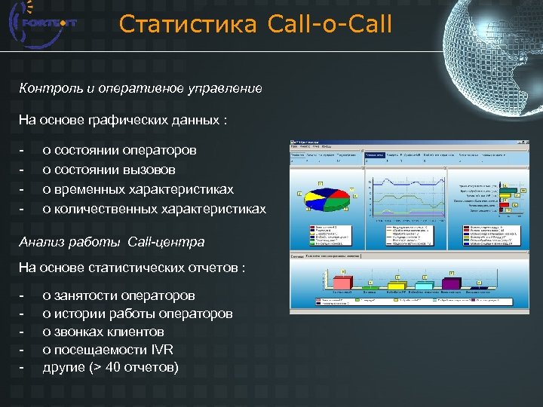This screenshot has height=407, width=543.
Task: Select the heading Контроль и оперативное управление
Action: pos(141,88)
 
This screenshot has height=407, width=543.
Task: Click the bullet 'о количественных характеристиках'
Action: pos(154,208)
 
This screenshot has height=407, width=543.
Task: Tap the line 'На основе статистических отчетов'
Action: pos(136,268)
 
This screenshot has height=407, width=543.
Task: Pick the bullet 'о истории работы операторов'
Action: pos(137,314)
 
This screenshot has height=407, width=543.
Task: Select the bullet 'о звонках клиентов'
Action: pos(103,332)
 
